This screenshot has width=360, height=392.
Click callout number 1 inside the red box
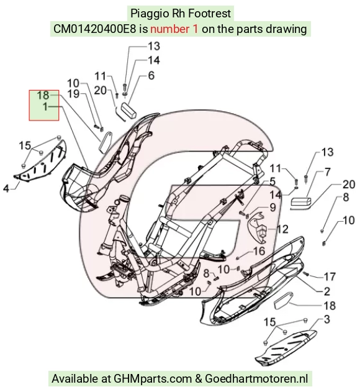[45, 107]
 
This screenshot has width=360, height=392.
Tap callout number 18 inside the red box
[43, 95]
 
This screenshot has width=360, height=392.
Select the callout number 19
[73, 94]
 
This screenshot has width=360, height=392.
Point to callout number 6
[151, 76]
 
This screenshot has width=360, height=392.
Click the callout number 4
[6, 188]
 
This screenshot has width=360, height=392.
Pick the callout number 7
[328, 172]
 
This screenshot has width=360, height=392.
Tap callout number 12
[282, 229]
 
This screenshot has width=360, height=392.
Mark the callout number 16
[259, 251]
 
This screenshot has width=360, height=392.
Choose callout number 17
[330, 276]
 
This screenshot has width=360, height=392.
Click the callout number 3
[327, 319]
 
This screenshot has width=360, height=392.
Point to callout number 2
[327, 291]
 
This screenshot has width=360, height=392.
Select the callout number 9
[273, 207]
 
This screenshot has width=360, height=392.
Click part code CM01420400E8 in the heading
[95, 29]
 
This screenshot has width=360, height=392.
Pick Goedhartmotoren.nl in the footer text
[256, 379]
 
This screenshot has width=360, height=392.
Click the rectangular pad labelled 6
[129, 111]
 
